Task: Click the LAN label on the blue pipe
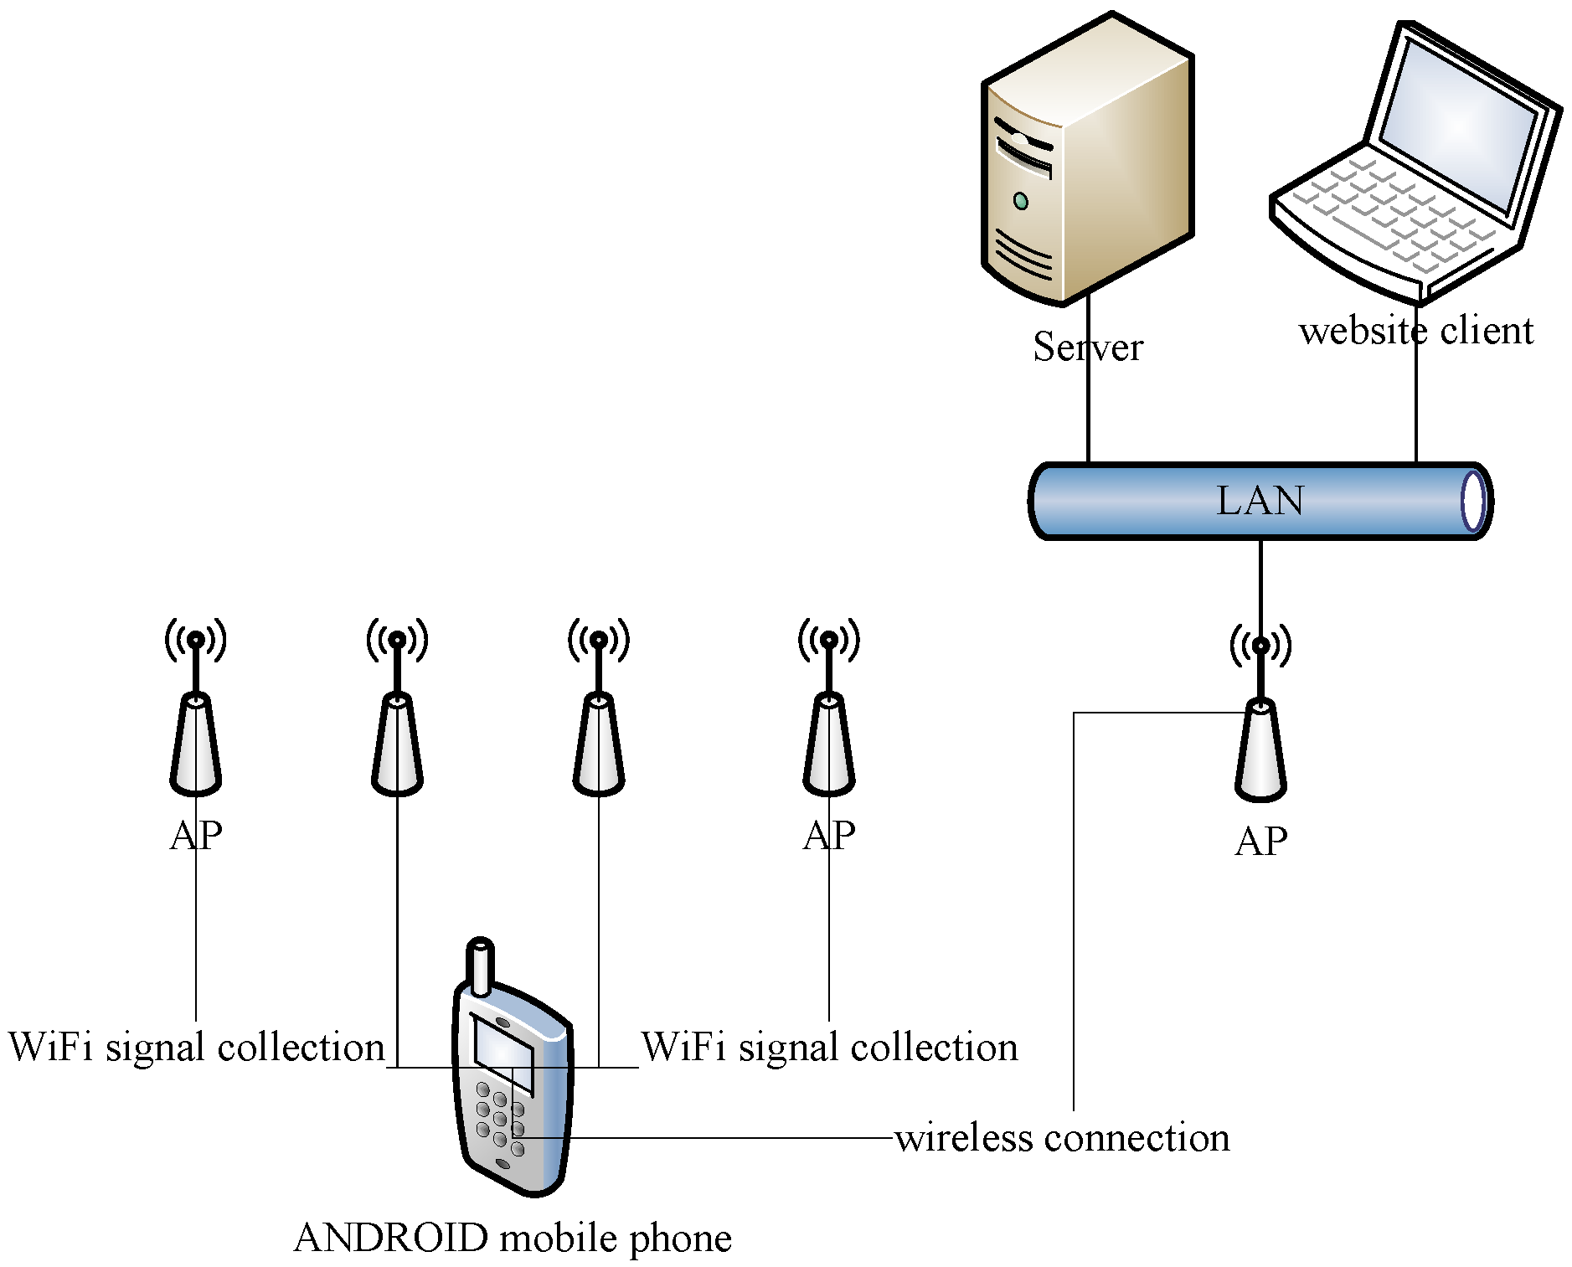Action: click(x=1259, y=501)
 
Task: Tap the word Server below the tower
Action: click(x=1087, y=347)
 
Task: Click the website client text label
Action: click(x=1415, y=331)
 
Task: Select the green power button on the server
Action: click(x=1020, y=201)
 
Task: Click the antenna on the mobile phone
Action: click(x=480, y=966)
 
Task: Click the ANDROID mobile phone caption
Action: click(x=513, y=1238)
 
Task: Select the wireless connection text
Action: click(x=1062, y=1138)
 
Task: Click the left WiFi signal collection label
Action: click(x=197, y=1047)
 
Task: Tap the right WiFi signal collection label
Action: click(x=829, y=1047)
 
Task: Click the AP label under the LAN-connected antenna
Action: click(x=1260, y=841)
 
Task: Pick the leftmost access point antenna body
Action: click(x=195, y=745)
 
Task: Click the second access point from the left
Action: click(x=397, y=745)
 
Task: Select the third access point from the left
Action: click(x=599, y=745)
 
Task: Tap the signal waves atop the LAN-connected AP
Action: click(x=1260, y=645)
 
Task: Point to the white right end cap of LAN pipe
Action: click(x=1472, y=501)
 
